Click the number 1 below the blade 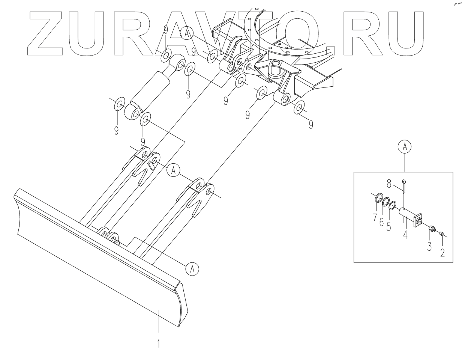(x=159, y=343)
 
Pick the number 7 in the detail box (x=375, y=217)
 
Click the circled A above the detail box (x=405, y=148)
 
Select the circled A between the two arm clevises (x=172, y=170)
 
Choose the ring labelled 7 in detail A (x=377, y=198)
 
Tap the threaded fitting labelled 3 (x=432, y=229)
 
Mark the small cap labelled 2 (x=442, y=234)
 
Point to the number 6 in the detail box (x=381, y=222)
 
